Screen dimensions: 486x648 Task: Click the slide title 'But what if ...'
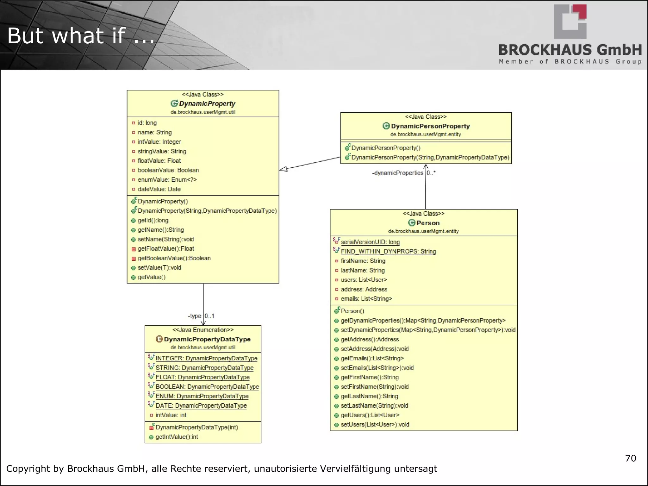pyautogui.click(x=81, y=35)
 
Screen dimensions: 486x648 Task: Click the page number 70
pyautogui.click(x=630, y=458)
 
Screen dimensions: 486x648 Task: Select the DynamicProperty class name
pyautogui.click(x=207, y=104)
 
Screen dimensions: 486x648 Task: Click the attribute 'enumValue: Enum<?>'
pyautogui.click(x=167, y=180)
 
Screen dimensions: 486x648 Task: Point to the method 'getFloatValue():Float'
pyautogui.click(x=166, y=249)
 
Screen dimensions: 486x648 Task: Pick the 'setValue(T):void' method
pyautogui.click(x=159, y=268)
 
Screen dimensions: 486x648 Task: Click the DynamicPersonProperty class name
pyautogui.click(x=430, y=126)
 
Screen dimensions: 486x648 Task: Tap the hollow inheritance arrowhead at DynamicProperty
pyautogui.click(x=283, y=169)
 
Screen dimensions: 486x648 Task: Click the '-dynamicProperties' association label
pyautogui.click(x=397, y=173)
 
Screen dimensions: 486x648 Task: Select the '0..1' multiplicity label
pyautogui.click(x=209, y=316)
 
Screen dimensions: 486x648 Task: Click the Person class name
pyautogui.click(x=428, y=223)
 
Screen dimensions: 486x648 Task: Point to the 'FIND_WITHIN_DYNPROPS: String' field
pyautogui.click(x=388, y=252)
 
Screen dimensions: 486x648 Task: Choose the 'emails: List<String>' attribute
pyautogui.click(x=366, y=299)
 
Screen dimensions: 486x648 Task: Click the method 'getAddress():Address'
pyautogui.click(x=370, y=340)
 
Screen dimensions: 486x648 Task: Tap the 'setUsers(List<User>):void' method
pyautogui.click(x=375, y=425)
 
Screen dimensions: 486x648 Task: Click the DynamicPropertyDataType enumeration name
pyautogui.click(x=207, y=339)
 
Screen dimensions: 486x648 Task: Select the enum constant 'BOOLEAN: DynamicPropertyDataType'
pyautogui.click(x=207, y=387)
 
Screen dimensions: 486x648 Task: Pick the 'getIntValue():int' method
pyautogui.click(x=177, y=437)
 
